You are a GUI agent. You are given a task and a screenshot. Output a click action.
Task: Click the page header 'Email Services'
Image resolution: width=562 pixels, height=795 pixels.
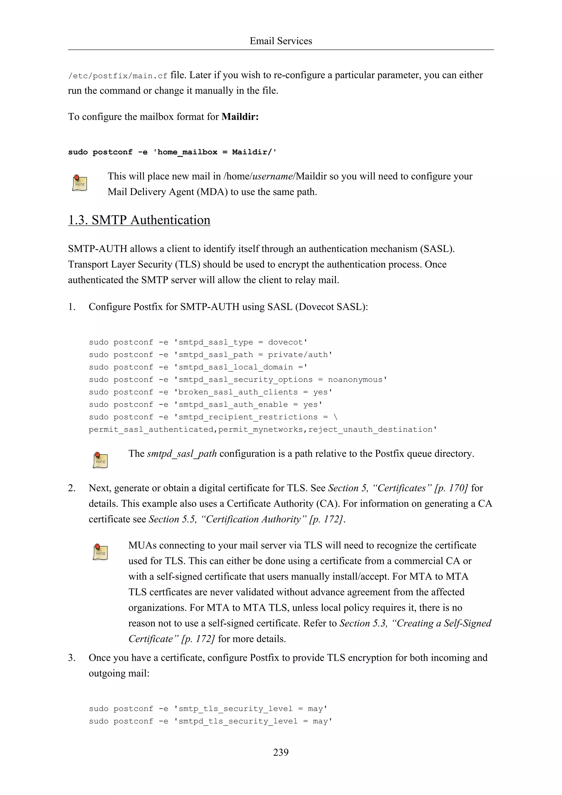pyautogui.click(x=281, y=41)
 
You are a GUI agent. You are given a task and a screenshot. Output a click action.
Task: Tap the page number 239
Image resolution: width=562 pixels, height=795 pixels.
pyautogui.click(x=281, y=752)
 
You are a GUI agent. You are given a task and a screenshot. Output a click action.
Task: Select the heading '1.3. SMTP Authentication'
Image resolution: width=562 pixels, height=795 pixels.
pyautogui.click(x=139, y=220)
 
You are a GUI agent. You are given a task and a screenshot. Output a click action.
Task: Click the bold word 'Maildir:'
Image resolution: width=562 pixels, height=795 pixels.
pyautogui.click(x=240, y=117)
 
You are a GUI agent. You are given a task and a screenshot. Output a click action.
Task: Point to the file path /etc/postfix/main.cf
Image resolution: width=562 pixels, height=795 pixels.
pyautogui.click(x=118, y=76)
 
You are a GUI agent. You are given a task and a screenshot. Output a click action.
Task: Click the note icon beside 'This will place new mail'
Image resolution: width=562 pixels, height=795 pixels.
pyautogui.click(x=80, y=183)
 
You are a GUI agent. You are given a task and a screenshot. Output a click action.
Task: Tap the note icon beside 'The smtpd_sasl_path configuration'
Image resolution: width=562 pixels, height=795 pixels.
pyautogui.click(x=100, y=460)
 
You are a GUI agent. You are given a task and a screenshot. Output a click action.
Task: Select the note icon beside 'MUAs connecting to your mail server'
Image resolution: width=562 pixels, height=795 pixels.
pyautogui.click(x=100, y=552)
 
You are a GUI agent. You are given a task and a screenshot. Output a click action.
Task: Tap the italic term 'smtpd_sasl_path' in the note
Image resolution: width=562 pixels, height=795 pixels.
pyautogui.click(x=182, y=454)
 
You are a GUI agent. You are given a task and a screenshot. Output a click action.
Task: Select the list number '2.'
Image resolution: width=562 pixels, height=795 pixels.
pyautogui.click(x=72, y=488)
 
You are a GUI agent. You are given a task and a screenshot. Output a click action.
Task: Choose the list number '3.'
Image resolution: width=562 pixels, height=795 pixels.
pyautogui.click(x=72, y=657)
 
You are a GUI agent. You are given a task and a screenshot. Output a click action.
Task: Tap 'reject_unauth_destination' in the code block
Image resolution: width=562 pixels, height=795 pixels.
pyautogui.click(x=370, y=429)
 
